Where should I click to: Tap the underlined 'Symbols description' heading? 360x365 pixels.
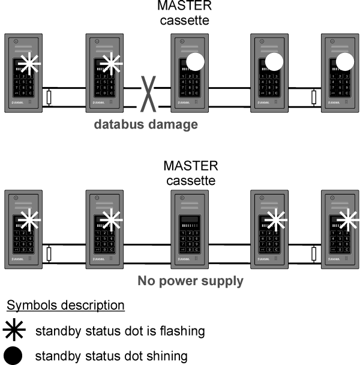(65, 306)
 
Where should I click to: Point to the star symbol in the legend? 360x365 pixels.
(14, 331)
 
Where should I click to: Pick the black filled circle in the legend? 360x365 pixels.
(14, 356)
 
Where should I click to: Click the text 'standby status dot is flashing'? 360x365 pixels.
(120, 331)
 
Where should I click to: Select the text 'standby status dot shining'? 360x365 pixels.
(111, 356)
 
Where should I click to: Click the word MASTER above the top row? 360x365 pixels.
(184, 7)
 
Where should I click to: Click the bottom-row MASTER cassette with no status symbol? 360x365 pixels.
(190, 228)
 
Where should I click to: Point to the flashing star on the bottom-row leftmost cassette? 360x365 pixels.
(28, 220)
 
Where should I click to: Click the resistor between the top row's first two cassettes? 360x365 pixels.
(50, 97)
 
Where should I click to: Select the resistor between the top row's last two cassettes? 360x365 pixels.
(314, 97)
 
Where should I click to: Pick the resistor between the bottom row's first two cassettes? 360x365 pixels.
(50, 255)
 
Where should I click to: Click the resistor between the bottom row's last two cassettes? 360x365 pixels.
(314, 255)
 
